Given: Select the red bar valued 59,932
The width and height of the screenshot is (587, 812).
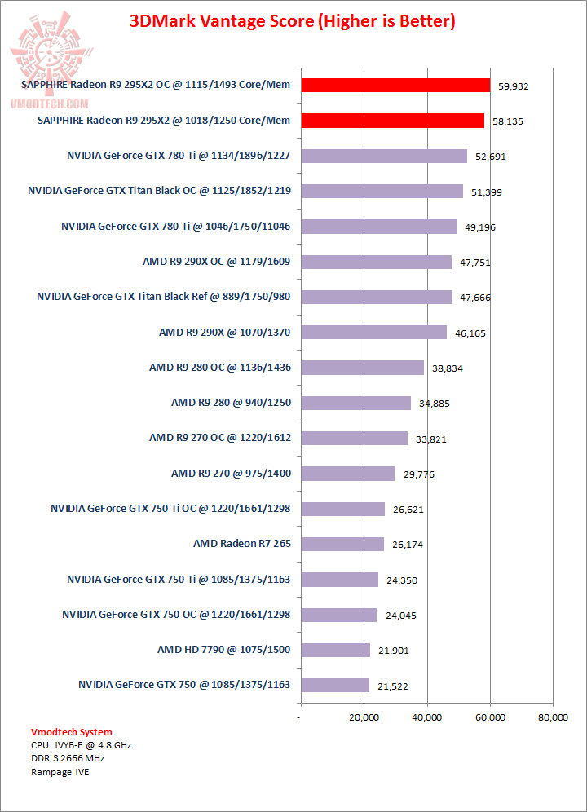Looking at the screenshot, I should (395, 86).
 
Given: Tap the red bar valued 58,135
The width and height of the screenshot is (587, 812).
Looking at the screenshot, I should (392, 121).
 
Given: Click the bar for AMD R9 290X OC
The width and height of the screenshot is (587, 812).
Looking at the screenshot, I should (376, 262).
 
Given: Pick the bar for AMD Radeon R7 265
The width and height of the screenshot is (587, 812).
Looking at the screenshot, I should (342, 544).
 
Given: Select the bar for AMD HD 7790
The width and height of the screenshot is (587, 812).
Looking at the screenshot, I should (335, 650).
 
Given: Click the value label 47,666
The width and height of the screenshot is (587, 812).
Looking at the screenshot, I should (474, 298).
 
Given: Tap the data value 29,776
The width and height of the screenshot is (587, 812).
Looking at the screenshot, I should (417, 474).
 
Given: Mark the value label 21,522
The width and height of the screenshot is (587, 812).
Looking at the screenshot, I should (392, 685).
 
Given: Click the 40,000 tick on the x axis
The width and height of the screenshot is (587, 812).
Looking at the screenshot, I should (426, 717).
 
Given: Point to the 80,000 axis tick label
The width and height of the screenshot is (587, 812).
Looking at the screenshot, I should (553, 717).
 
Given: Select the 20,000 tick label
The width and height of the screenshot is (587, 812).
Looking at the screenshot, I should (364, 717).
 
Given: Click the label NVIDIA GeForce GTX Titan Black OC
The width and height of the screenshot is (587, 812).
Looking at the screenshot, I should (160, 191).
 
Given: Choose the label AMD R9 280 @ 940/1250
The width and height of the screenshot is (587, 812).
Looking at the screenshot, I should (231, 402).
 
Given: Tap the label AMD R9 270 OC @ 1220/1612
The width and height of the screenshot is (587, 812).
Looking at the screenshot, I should (220, 438).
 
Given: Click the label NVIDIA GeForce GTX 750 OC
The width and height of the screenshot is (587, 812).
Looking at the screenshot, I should (176, 614).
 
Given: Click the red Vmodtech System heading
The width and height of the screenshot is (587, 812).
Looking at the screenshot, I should (72, 732).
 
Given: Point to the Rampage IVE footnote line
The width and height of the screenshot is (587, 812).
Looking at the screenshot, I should (60, 772).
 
